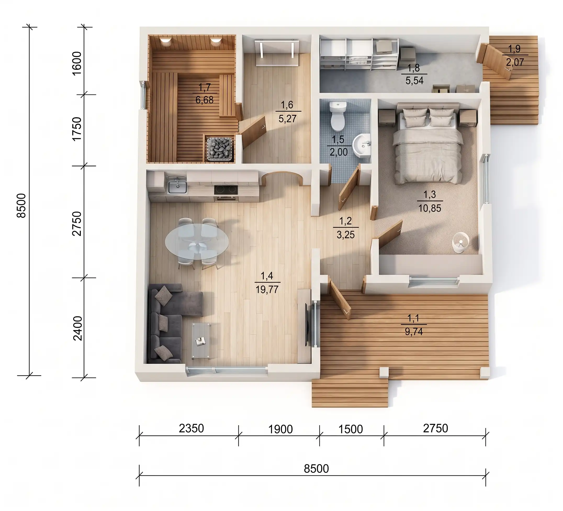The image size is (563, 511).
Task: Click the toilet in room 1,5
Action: pos(338,116)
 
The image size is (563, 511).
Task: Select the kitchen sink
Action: pos(177,187)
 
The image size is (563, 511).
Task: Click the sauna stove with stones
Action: pos(220,149)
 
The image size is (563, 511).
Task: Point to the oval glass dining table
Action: pos(196,241)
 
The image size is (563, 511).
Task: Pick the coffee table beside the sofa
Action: pos(201,340)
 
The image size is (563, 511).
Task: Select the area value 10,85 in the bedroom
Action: pos(430,208)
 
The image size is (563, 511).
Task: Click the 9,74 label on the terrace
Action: pos(414,332)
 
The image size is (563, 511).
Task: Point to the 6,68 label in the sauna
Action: pos(204,100)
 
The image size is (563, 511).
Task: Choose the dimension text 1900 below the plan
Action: pos(280,429)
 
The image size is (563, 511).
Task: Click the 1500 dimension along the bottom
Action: pos(351,429)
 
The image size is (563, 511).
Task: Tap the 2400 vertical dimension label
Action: pos(78,328)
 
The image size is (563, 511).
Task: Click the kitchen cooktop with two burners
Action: pos(226,190)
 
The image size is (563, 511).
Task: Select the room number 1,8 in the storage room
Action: pos(414,68)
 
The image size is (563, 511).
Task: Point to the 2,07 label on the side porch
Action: pos(515,62)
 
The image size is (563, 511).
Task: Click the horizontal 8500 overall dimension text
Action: pos(316,469)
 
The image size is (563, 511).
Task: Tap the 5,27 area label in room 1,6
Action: pos(287,119)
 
